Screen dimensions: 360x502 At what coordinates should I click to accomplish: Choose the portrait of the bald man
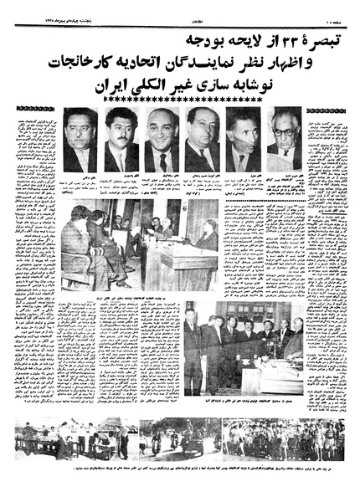(162, 139)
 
